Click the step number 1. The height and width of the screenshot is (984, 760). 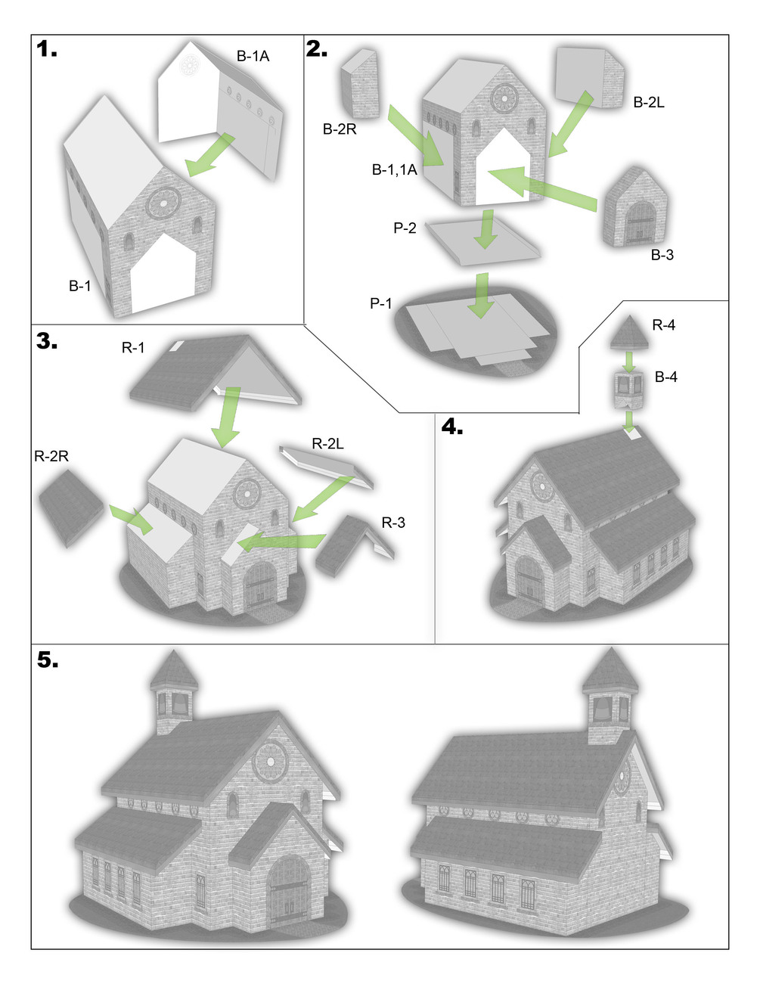point(46,48)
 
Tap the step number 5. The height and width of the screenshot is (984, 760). point(48,660)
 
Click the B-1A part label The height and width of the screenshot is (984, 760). point(253,56)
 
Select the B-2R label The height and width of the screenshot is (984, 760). point(340,129)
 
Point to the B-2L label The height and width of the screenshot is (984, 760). point(649,103)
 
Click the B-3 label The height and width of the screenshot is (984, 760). point(662,255)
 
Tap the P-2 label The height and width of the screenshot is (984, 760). point(405,228)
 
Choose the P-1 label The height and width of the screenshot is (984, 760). point(380,303)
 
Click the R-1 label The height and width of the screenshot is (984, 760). point(133,347)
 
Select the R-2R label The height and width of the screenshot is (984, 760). point(51,456)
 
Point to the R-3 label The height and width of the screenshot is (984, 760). point(393,523)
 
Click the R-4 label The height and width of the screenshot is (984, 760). point(664,324)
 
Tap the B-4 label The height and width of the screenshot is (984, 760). point(665,377)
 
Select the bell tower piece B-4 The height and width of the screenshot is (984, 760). point(628,390)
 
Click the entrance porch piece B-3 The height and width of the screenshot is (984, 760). point(635,208)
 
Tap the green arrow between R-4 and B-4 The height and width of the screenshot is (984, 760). point(628,361)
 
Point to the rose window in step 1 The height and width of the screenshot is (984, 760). point(163,203)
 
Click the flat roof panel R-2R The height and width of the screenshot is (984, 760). point(71,508)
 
